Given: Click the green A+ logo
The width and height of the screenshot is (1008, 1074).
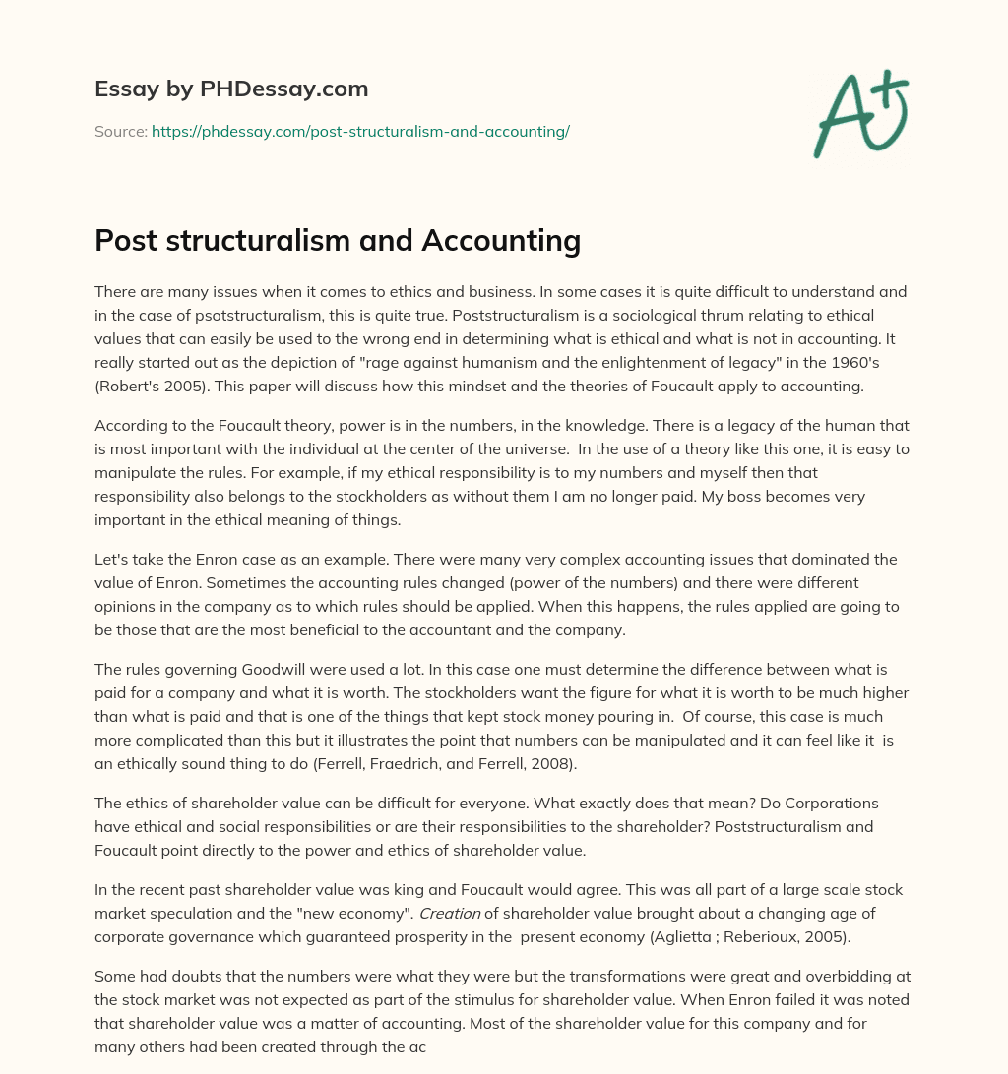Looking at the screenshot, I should [860, 112].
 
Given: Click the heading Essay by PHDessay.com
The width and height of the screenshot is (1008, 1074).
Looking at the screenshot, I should [231, 89].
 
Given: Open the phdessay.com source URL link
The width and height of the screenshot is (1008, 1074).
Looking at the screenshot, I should [360, 131].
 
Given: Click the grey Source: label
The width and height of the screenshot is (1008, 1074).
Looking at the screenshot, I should [120, 131].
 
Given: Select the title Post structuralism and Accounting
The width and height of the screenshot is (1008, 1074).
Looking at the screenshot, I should [338, 241].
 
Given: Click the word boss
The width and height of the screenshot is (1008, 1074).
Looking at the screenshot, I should [640, 497].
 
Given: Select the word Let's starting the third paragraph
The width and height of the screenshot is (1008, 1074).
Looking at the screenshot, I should [114, 560].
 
